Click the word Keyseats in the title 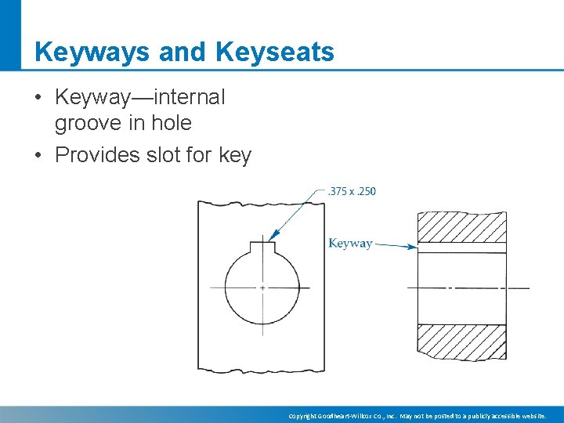274,52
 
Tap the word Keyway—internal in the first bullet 139,98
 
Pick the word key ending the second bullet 235,156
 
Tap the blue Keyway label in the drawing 350,244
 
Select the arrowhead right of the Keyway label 413,247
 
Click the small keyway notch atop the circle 262,248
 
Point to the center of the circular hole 262,288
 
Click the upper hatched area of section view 461,227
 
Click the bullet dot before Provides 38,156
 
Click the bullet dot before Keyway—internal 38,99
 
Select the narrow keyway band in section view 461,248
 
